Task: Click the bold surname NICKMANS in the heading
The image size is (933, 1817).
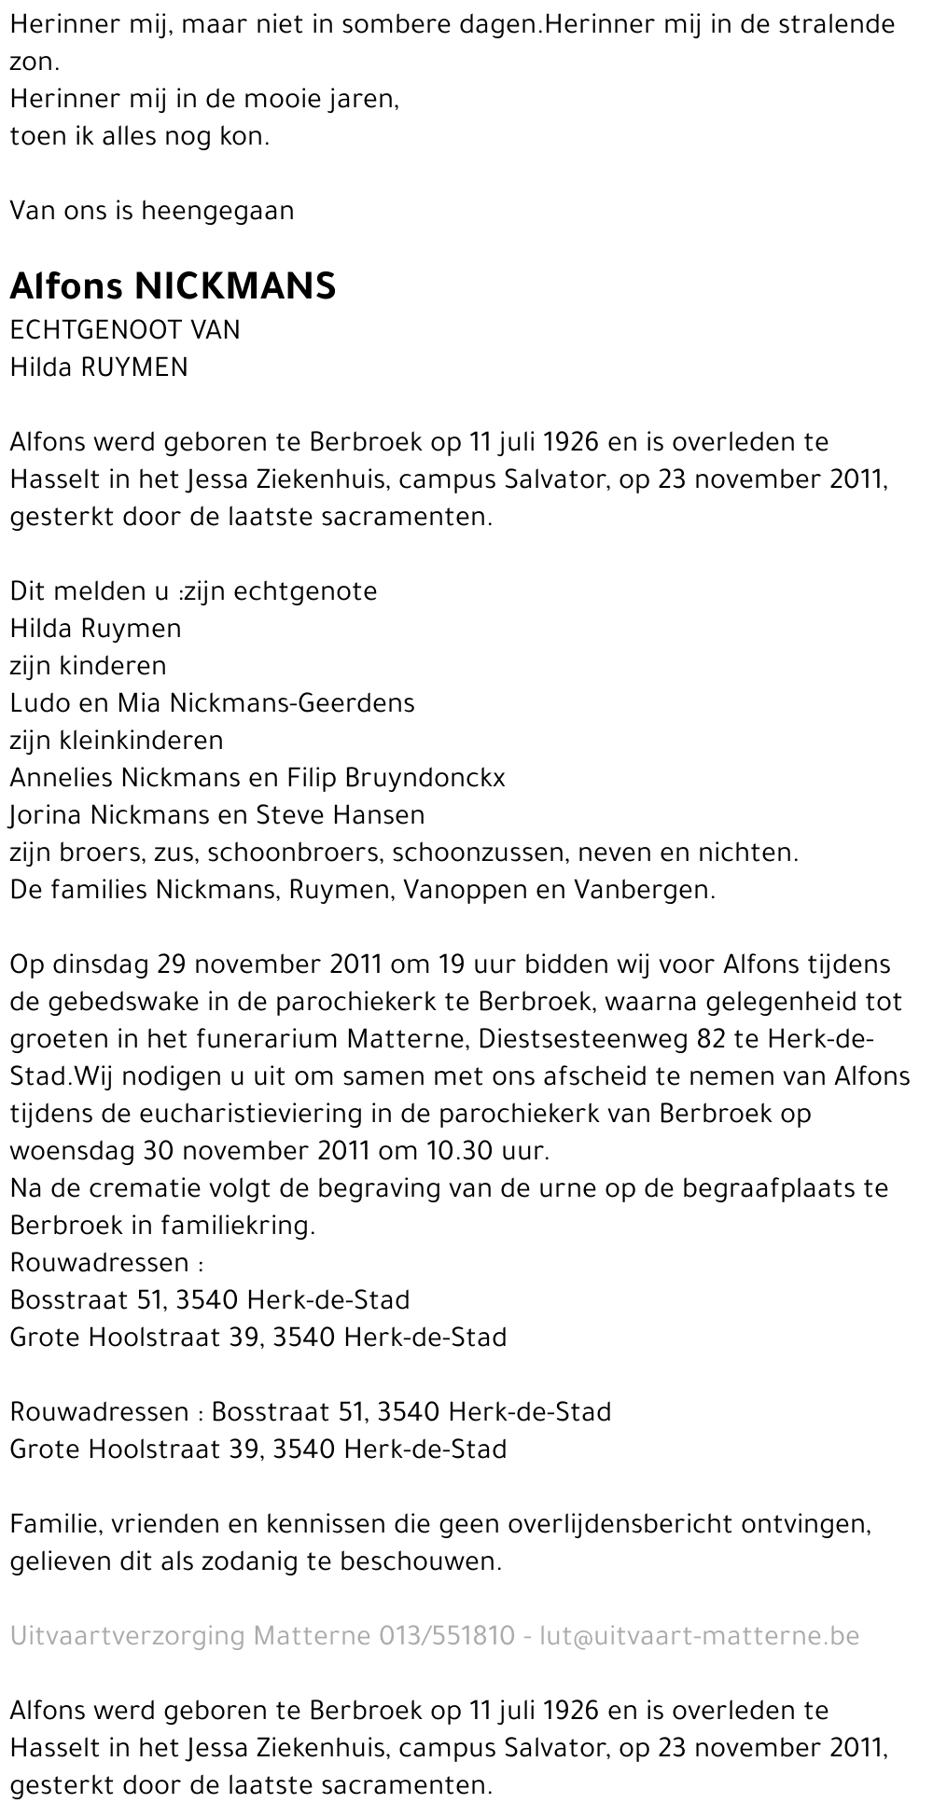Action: coord(235,286)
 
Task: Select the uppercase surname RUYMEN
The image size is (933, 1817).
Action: coord(135,368)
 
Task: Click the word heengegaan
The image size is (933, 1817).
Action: coord(217,211)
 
